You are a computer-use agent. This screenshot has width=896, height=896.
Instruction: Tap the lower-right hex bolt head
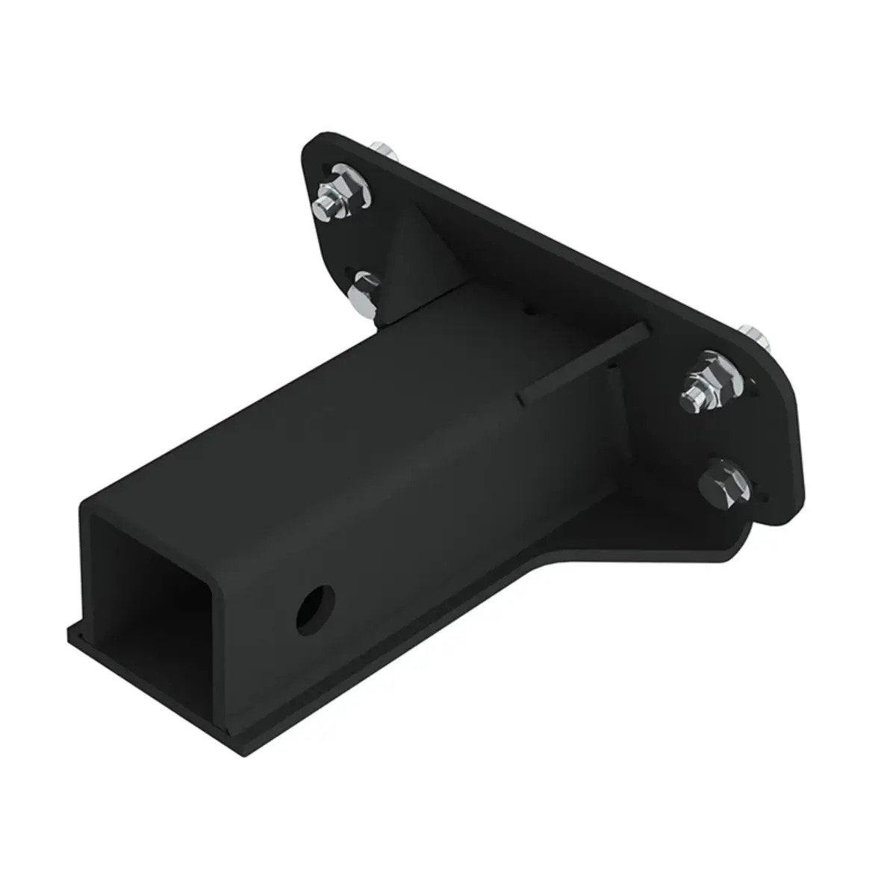click(x=720, y=480)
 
